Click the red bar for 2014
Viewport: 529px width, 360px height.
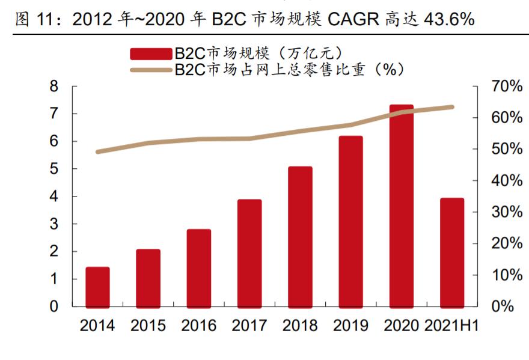click(97, 287)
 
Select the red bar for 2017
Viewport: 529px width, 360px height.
click(249, 252)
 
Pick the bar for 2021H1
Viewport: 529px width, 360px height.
click(451, 252)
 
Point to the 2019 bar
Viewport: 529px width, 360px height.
click(350, 221)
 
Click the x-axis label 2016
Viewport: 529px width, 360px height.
click(198, 326)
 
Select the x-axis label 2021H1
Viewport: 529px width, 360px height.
click(451, 326)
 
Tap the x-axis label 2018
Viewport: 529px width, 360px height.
click(299, 326)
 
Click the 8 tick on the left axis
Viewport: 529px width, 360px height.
click(54, 87)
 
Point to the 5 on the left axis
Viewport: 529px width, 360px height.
click(54, 169)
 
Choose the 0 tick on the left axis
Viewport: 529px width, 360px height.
click(54, 307)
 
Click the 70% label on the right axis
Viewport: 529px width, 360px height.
click(506, 87)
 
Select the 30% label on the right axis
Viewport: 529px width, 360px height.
click(506, 212)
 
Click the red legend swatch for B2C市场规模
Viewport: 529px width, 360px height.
click(151, 53)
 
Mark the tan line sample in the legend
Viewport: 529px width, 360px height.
click(151, 70)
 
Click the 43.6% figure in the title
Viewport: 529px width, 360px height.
click(449, 20)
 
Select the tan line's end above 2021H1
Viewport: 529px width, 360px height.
click(451, 107)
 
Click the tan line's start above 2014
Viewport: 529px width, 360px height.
click(97, 151)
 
